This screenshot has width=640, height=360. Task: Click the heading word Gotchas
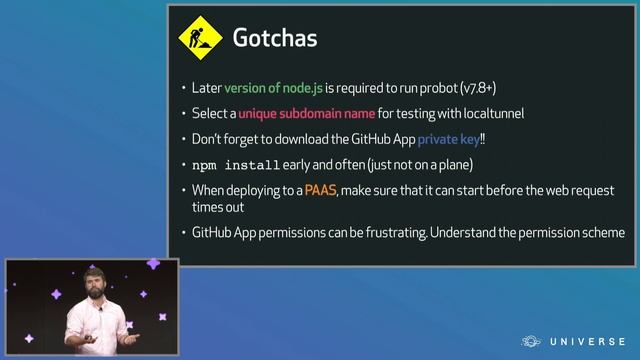coord(275,39)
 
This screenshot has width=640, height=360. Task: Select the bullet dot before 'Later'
coord(182,88)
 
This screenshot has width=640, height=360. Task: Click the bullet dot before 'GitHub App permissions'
coord(182,233)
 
